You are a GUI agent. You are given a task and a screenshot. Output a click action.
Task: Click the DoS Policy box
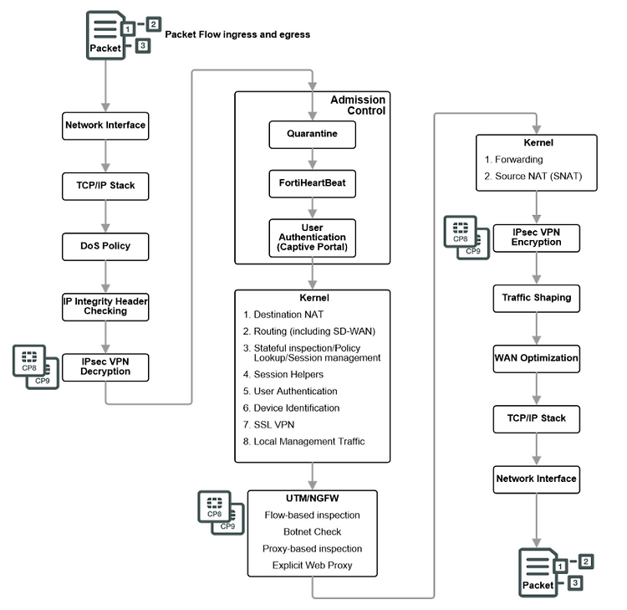tap(105, 247)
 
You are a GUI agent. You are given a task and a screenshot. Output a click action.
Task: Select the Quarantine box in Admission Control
tap(312, 133)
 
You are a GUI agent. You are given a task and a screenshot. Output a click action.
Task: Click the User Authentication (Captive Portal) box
tap(312, 238)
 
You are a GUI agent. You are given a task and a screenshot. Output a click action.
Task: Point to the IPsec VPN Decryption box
tap(105, 367)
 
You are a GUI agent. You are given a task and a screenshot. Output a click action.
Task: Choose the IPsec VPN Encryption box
tap(537, 237)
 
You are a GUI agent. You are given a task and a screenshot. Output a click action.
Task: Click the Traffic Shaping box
tap(537, 298)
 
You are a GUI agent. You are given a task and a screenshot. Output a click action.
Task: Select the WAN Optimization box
tap(537, 358)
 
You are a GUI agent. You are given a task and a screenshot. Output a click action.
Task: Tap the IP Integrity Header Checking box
tap(105, 306)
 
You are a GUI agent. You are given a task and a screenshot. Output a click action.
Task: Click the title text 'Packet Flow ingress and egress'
tap(237, 34)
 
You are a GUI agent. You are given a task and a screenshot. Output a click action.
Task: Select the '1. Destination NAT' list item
tap(284, 315)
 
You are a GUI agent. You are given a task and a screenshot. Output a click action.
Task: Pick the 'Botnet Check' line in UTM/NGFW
tap(311, 531)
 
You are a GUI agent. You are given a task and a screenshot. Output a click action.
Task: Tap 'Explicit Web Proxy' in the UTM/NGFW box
tap(311, 566)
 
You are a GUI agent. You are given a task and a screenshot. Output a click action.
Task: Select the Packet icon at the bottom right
tap(537, 573)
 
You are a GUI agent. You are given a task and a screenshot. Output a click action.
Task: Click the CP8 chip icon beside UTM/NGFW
tap(214, 507)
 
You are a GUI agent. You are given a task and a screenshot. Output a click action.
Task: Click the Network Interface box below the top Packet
tap(105, 126)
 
